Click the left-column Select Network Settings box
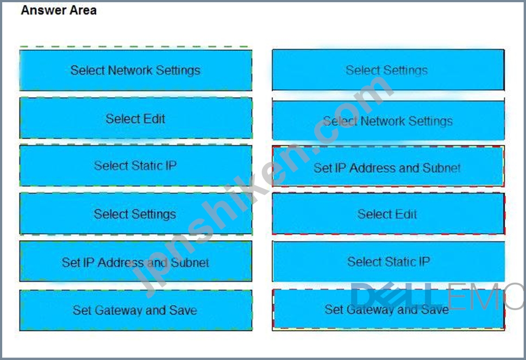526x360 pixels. click(x=136, y=70)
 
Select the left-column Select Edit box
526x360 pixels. click(x=136, y=118)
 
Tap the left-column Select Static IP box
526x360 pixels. click(x=136, y=165)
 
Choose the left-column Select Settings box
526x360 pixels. click(x=136, y=214)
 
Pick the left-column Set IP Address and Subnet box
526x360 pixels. click(x=136, y=261)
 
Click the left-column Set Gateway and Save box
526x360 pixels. click(x=136, y=310)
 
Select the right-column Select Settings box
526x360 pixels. click(x=388, y=70)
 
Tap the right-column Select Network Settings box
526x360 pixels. click(x=388, y=120)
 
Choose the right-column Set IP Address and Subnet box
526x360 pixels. click(x=388, y=166)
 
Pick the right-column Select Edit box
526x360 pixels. click(x=388, y=214)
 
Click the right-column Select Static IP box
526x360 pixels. click(x=388, y=261)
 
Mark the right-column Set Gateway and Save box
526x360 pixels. click(x=388, y=310)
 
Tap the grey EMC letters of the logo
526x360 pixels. click(x=485, y=296)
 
